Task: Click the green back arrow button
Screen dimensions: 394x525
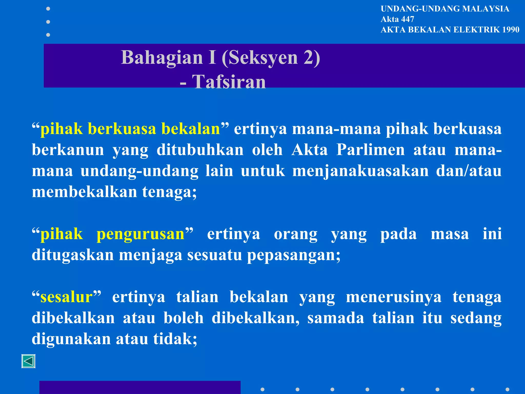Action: click(28, 361)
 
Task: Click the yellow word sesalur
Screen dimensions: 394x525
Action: click(66, 297)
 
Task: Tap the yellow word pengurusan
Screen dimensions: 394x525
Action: click(140, 234)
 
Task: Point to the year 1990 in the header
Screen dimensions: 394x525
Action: click(511, 30)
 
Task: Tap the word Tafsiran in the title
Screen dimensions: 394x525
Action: click(229, 82)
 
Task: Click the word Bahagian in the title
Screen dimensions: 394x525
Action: click(162, 57)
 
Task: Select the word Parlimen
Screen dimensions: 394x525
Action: click(370, 150)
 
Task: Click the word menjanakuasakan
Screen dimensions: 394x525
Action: click(360, 171)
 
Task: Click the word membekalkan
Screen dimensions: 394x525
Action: click(84, 192)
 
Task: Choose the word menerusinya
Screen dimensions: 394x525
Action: click(393, 297)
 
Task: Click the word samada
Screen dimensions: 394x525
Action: click(336, 318)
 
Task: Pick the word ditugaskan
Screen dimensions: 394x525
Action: click(73, 255)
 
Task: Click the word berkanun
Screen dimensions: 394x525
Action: click(68, 150)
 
